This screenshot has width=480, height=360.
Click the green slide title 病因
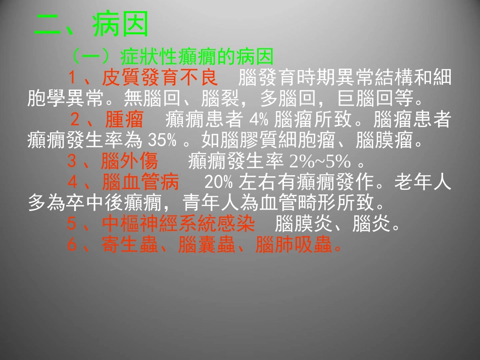coord(121,25)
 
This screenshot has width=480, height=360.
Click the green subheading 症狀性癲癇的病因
coord(197,56)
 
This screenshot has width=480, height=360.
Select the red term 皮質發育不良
coord(160,78)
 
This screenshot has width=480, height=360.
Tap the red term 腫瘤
coord(124,120)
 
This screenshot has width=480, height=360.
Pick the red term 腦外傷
coord(130,162)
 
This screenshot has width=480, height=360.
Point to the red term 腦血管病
coord(140,182)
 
